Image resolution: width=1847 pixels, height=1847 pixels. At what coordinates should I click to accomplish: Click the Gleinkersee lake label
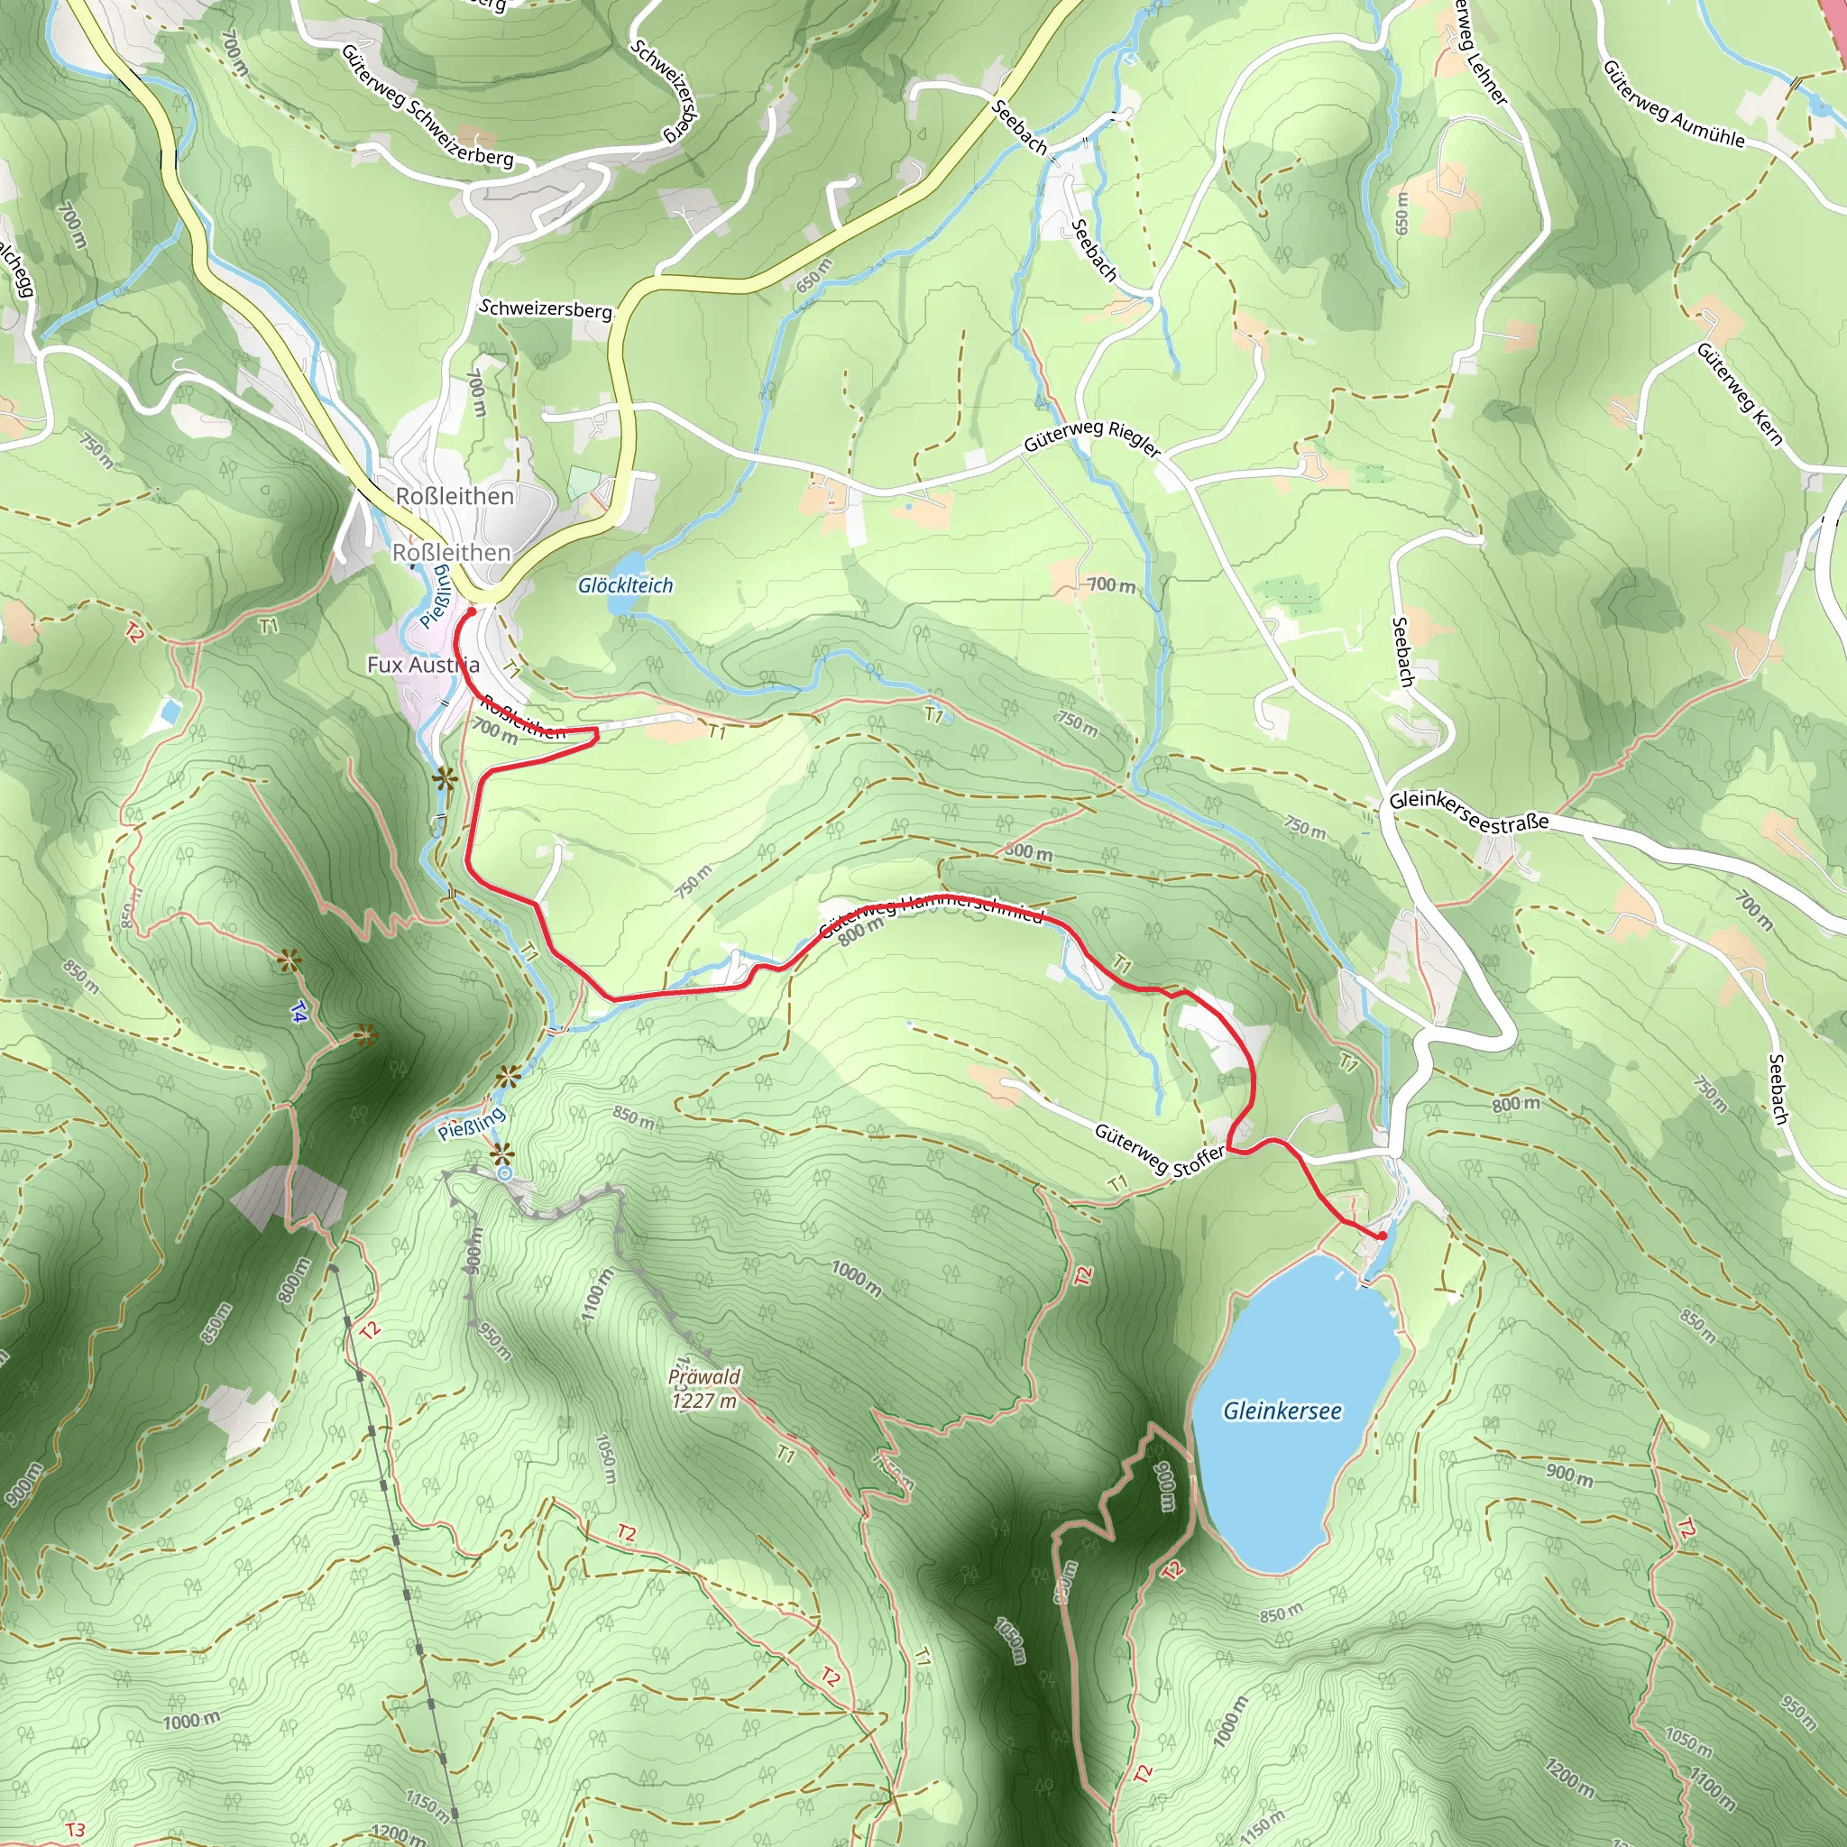point(1282,1411)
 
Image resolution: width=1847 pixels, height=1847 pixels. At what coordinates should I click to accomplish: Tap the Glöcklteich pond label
point(625,585)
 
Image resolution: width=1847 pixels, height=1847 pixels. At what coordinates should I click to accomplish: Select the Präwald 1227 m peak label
point(704,1389)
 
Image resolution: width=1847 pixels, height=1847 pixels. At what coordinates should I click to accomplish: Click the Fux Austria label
point(423,665)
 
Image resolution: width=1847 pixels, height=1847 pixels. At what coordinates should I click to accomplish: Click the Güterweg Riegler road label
point(1092,436)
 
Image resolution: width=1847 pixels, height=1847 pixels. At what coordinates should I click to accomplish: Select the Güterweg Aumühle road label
point(1673,105)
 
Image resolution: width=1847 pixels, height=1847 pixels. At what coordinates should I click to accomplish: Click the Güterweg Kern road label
point(1739,394)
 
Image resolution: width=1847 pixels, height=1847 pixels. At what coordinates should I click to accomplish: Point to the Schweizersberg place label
point(545,308)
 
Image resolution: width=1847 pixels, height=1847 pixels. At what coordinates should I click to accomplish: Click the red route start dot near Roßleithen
point(472,611)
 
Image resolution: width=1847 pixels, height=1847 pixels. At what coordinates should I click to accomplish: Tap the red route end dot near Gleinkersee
point(1382,1236)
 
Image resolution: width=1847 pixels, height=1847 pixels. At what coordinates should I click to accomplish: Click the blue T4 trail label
point(299,1013)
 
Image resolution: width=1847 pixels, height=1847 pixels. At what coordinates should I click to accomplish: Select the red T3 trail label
point(75,1831)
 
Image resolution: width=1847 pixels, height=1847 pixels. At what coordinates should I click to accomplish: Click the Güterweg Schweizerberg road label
point(427,106)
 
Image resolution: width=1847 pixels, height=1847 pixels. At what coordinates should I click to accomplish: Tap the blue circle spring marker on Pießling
point(504,1173)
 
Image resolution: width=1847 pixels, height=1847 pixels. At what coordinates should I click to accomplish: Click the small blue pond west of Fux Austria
point(170,712)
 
